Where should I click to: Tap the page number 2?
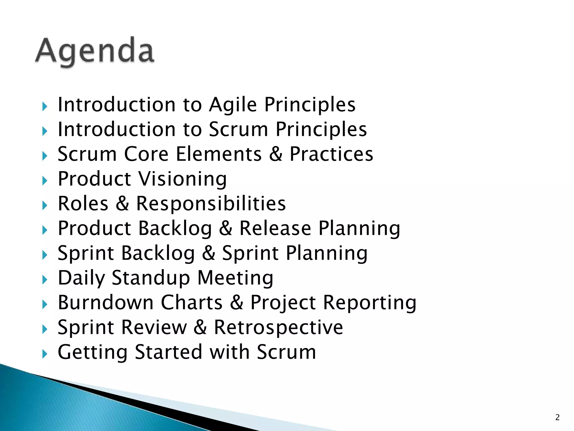pos(557,417)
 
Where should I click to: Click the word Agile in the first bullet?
pos(233,105)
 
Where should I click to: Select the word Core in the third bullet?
pos(146,154)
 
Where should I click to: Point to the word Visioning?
pos(183,179)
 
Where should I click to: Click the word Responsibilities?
pos(211,203)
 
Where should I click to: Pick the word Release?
pos(275,228)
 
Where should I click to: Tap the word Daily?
pos(81,278)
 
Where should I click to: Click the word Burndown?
pos(106,302)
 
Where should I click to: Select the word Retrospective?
pos(278,327)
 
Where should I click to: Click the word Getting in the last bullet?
pos(92,352)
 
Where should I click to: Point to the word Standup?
pos(151,278)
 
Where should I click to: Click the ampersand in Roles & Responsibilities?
pos(122,203)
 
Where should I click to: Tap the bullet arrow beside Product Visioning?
pos(45,181)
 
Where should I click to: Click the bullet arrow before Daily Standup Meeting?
pos(45,279)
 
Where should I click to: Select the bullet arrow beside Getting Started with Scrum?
pos(45,354)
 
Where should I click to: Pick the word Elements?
pos(219,154)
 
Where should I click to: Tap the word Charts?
pos(192,302)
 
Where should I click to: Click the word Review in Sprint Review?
pos(154,327)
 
